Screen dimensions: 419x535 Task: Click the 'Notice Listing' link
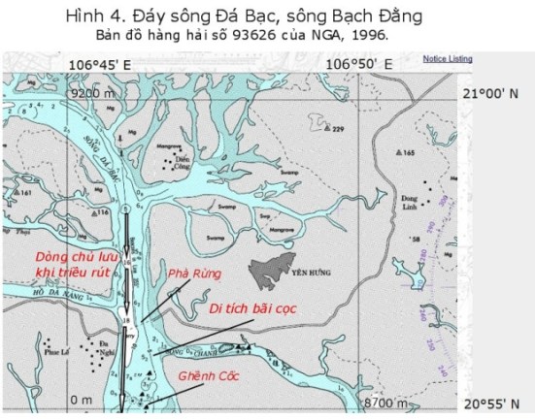[448, 59]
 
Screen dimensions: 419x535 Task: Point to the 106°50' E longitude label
[359, 64]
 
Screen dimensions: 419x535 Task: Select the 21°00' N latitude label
[495, 95]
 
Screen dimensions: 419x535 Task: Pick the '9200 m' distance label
[93, 94]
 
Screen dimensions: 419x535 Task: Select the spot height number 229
[339, 129]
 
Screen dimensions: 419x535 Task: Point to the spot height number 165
[409, 152]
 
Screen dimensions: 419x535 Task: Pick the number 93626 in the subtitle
[256, 35]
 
